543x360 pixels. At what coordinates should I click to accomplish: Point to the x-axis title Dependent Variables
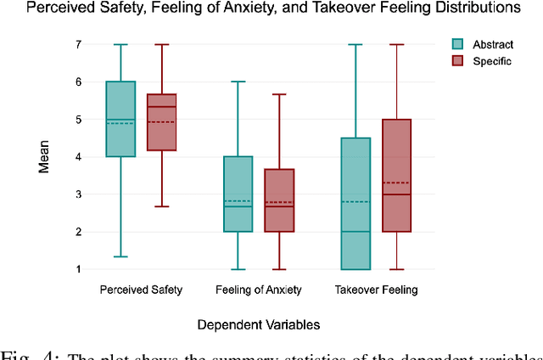[x=260, y=324]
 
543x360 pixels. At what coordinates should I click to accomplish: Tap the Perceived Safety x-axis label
[x=140, y=290]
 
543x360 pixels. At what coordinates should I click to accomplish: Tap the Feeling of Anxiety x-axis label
[x=259, y=290]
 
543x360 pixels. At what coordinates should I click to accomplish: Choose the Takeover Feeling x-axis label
[x=377, y=290]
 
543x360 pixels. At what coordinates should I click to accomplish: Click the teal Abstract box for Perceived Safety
[x=120, y=119]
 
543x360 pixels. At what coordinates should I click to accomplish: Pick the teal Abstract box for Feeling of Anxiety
[x=238, y=194]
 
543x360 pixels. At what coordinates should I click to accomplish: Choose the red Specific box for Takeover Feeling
[x=395, y=175]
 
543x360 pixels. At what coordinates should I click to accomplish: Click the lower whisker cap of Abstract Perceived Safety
[x=120, y=256]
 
